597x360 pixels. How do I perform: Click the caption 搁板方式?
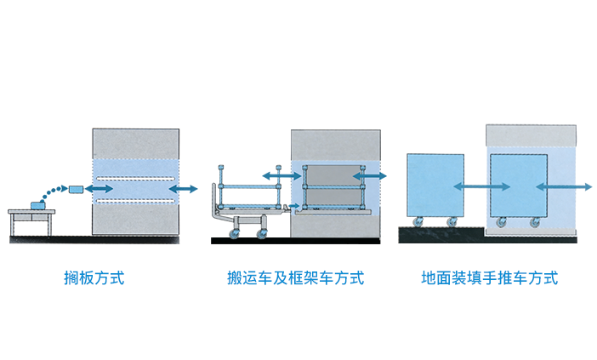click(x=94, y=277)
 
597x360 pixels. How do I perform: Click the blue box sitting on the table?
click(x=37, y=203)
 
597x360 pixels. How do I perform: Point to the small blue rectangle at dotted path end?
click(x=77, y=187)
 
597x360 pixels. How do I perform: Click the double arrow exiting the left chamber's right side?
click(x=183, y=188)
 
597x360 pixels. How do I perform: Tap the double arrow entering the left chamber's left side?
click(x=100, y=187)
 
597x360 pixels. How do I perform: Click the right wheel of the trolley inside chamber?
click(x=535, y=224)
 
